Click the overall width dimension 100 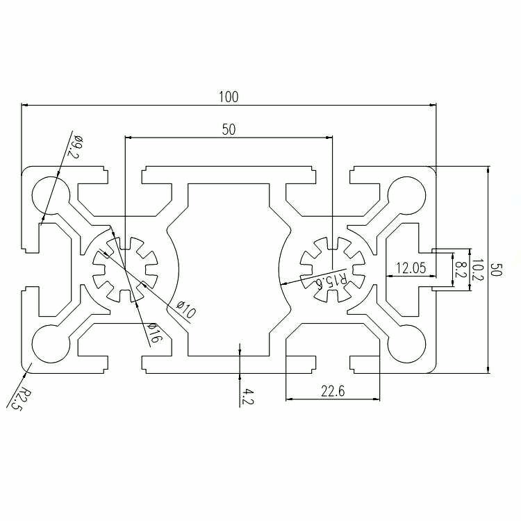click(229, 97)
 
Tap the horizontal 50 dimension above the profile click(229, 130)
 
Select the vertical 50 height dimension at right click(497, 270)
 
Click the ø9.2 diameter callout click(74, 147)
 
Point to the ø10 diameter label click(186, 309)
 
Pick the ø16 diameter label click(154, 333)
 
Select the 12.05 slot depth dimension click(411, 267)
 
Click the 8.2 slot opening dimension click(460, 269)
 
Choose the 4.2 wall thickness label click(247, 397)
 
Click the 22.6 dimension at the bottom click(333, 391)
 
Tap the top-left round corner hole click(51, 195)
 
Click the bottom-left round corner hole click(51, 344)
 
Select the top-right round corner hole click(406, 195)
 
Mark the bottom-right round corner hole click(406, 344)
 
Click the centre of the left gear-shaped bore click(125, 270)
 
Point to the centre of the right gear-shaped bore click(332, 270)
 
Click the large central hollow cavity click(229, 270)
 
